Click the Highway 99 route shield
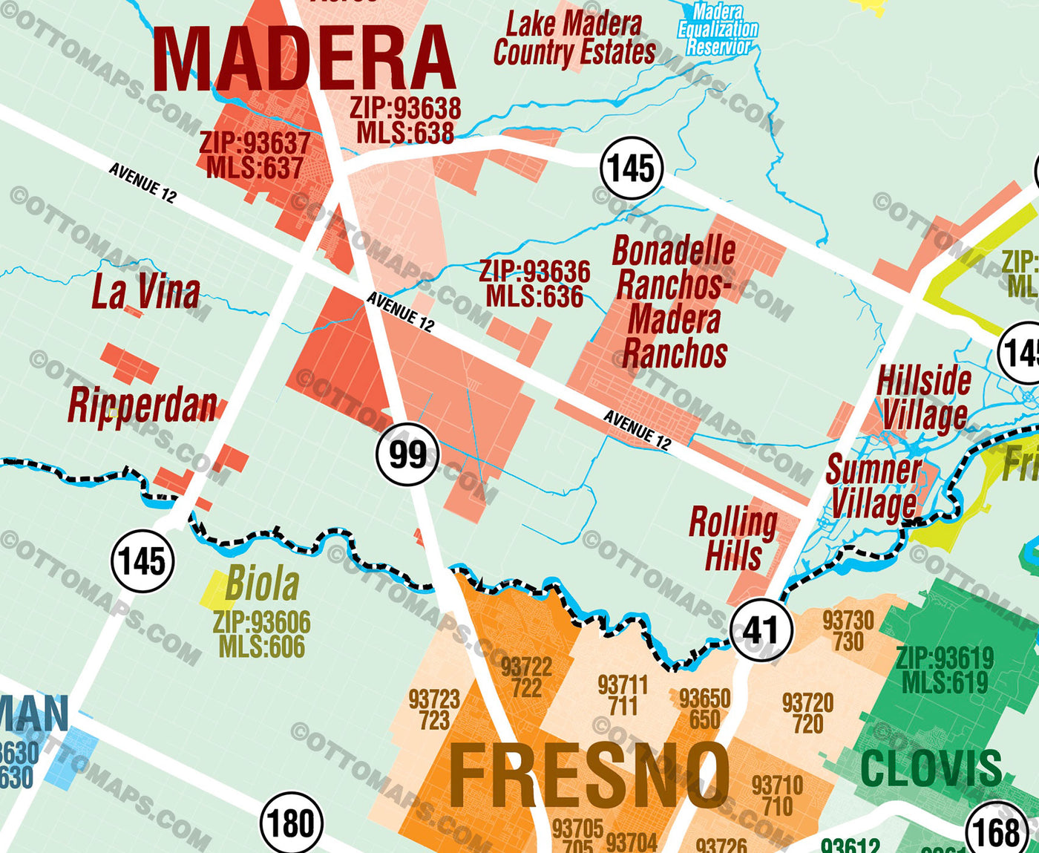(407, 454)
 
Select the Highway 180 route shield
(291, 823)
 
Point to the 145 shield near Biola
(142, 561)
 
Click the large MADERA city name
(304, 59)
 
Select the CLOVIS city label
(931, 768)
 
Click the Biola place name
(262, 584)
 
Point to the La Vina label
(145, 292)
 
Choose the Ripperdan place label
(142, 405)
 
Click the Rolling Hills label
(733, 538)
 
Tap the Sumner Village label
(874, 486)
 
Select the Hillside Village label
(924, 398)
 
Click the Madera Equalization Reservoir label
(718, 30)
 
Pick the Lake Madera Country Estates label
(574, 39)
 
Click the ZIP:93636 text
(534, 271)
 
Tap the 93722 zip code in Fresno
(526, 667)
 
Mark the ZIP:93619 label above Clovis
(944, 658)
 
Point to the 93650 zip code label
(704, 699)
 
